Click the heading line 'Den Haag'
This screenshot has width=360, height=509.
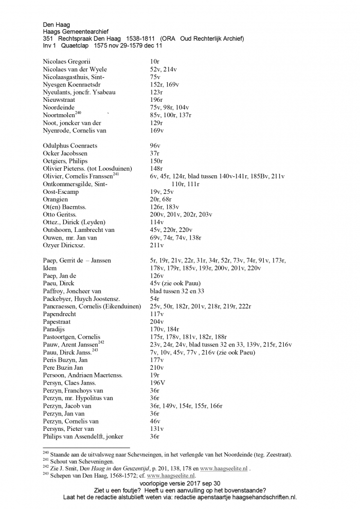coord(56,24)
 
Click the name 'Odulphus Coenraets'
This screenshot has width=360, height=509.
coord(70,146)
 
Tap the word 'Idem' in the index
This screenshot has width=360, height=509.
coord(50,268)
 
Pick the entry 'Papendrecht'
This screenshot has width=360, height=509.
coord(60,314)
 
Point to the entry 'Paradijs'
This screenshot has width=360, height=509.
coord(56,329)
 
